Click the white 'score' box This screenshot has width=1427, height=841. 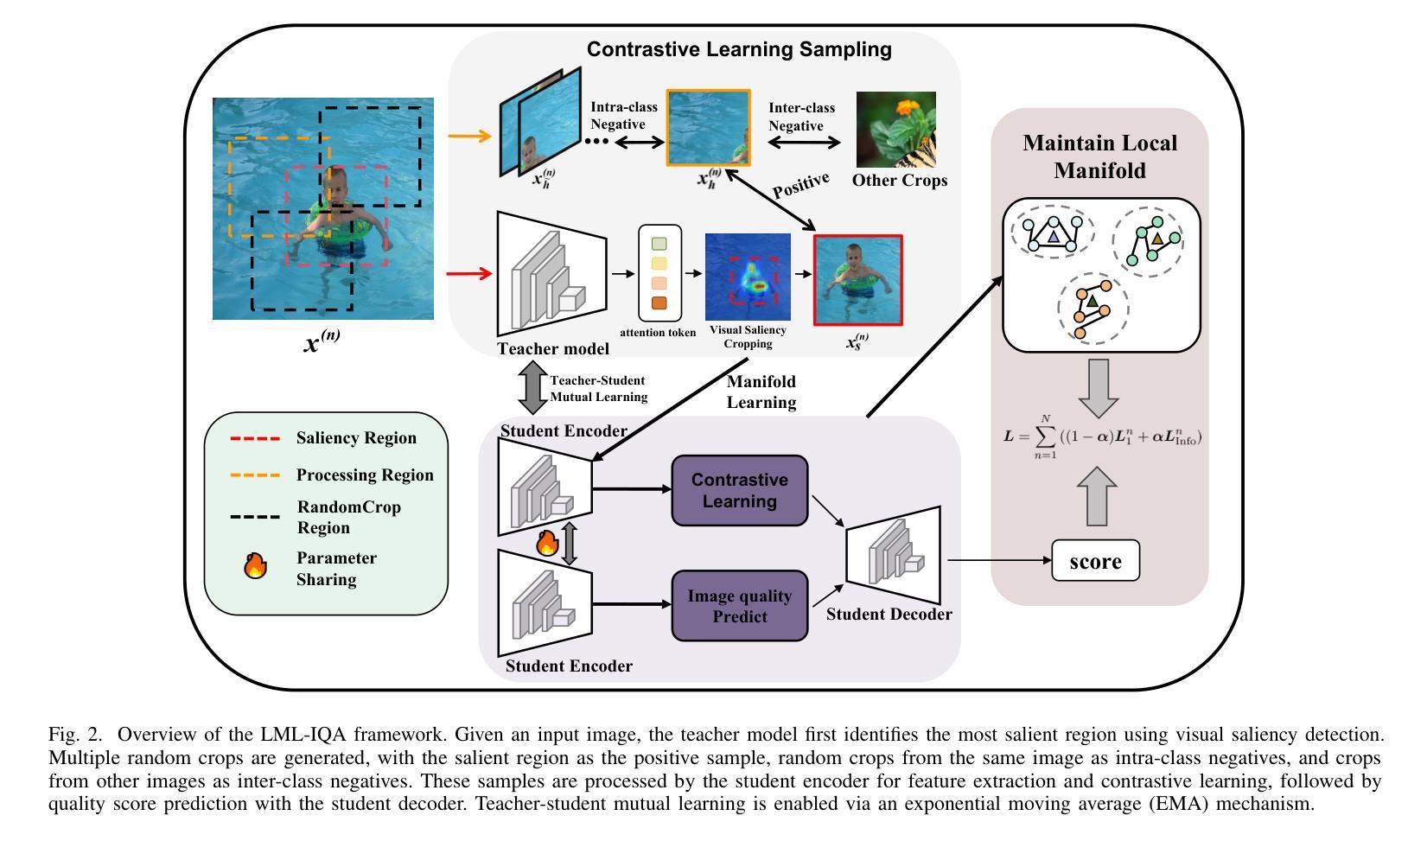point(1095,561)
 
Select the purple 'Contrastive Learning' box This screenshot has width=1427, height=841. point(740,490)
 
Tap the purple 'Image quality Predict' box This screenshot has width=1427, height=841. point(740,605)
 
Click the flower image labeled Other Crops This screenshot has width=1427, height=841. point(895,130)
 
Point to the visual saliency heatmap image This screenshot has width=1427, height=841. point(748,277)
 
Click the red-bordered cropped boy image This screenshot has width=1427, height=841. point(857,280)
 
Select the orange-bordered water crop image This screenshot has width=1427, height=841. point(708,127)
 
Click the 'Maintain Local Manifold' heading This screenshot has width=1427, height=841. point(1099,156)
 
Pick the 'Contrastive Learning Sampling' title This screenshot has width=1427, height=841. point(739,49)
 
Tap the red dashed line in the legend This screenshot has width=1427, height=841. point(255,439)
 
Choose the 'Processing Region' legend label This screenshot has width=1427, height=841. point(365,475)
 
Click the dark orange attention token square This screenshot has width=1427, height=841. point(659,303)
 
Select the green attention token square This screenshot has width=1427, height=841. point(659,244)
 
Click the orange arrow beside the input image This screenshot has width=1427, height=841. point(469,136)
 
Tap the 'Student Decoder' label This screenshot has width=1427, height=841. point(889,615)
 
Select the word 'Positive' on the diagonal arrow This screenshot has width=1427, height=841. point(801,185)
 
